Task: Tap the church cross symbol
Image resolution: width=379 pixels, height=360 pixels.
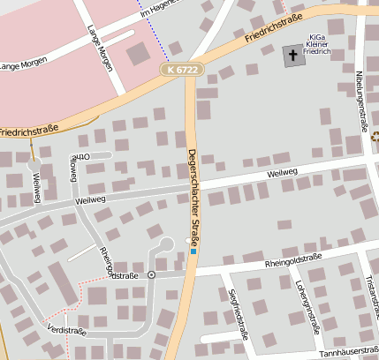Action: (292, 56)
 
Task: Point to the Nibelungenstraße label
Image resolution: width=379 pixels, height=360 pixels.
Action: (360, 101)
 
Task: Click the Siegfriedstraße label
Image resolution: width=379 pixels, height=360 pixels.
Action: (238, 315)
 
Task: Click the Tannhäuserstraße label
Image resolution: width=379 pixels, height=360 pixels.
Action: (348, 352)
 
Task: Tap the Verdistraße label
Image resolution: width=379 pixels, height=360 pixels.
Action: (67, 331)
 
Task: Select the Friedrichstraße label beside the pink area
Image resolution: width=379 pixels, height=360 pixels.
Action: (29, 130)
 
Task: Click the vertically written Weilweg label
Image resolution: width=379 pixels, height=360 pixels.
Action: (36, 187)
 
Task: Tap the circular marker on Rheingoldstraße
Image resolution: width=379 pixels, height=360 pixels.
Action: (151, 275)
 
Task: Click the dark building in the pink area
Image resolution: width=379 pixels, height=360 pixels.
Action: (139, 54)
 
